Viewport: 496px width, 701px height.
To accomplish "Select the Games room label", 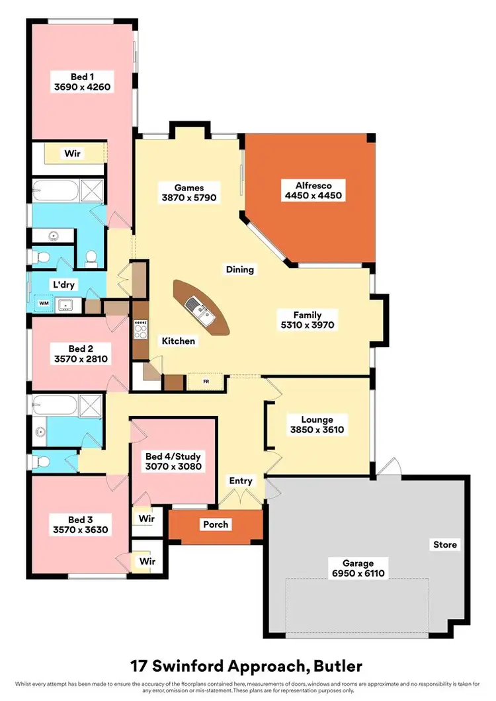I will (189, 188).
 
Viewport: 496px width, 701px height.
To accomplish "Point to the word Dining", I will (240, 269).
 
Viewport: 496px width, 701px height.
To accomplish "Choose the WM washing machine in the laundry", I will (44, 304).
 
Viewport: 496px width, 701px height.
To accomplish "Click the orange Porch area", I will (216, 524).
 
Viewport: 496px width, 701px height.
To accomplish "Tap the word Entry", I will (241, 481).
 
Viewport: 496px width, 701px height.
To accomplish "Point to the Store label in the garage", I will (444, 545).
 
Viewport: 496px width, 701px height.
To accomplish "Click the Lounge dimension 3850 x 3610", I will (317, 430).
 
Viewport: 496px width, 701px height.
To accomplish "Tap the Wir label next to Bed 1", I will (73, 153).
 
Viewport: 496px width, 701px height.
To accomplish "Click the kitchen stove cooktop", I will (140, 329).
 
